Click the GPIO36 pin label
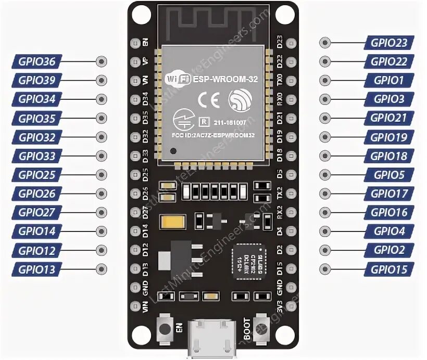point(36,62)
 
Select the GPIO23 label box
point(389,43)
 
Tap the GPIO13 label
point(36,269)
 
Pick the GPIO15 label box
point(389,269)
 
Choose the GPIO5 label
point(389,175)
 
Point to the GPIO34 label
point(36,99)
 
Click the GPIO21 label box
point(389,118)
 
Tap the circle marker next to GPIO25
point(102,175)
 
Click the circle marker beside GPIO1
point(325,81)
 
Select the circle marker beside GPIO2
point(325,250)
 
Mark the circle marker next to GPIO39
point(102,81)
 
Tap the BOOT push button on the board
point(262,329)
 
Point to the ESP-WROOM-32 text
point(219,79)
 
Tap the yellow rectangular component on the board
point(173,222)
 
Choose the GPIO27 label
point(36,213)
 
